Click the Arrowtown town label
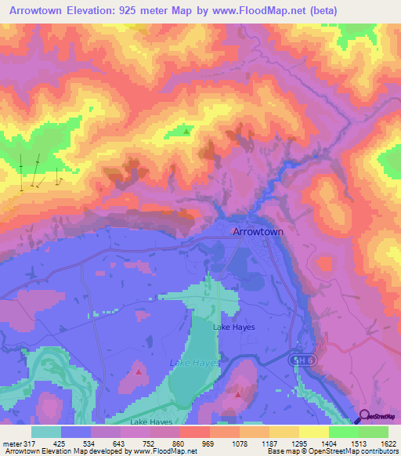point(258,233)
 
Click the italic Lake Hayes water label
point(195,363)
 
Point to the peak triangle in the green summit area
point(186,132)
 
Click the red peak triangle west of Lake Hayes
point(139,371)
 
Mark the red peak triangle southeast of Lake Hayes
point(238,395)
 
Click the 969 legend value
point(208,443)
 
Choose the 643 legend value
point(119,443)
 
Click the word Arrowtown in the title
point(40,10)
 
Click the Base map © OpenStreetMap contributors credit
point(332,451)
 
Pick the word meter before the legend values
point(11,443)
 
